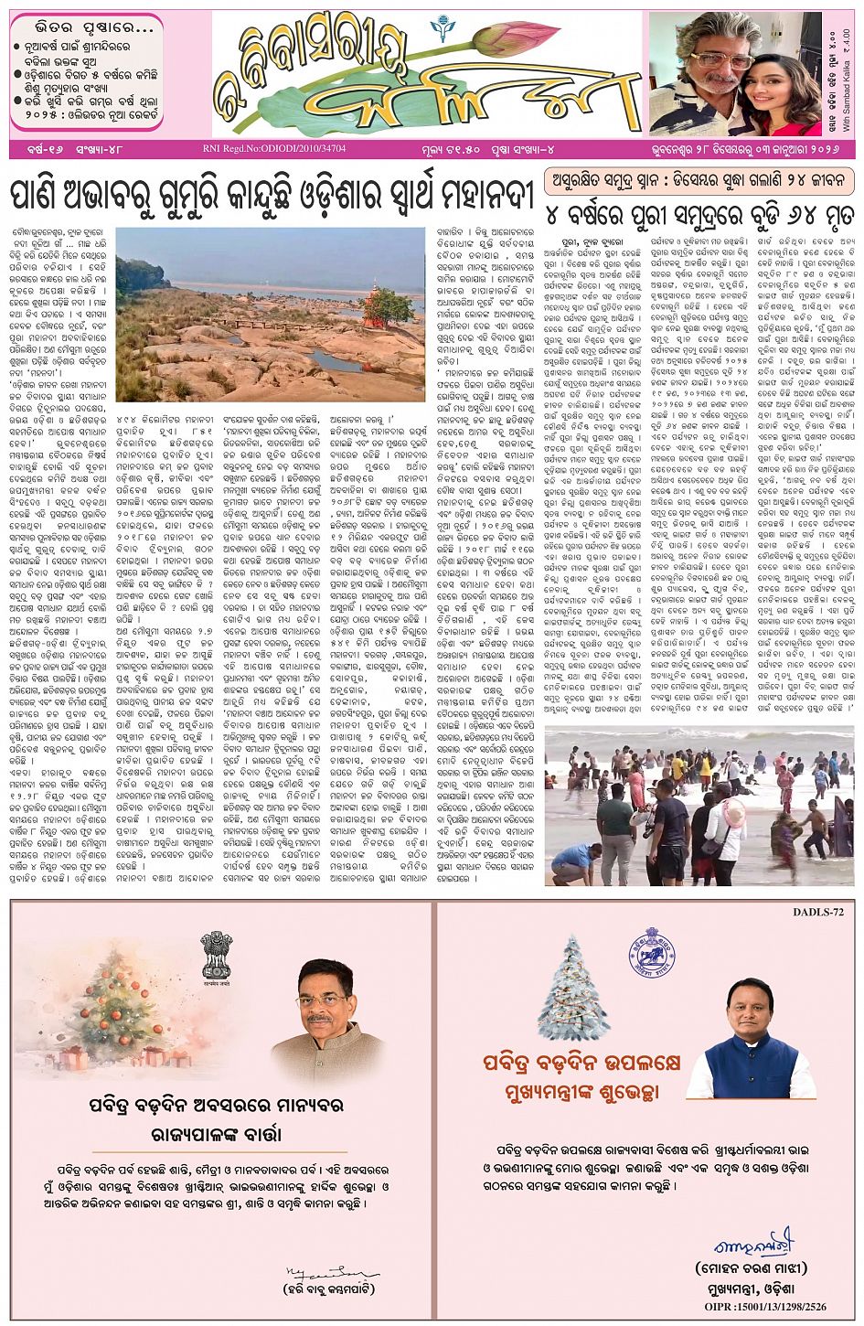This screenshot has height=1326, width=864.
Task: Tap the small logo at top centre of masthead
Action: (x=442, y=29)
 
